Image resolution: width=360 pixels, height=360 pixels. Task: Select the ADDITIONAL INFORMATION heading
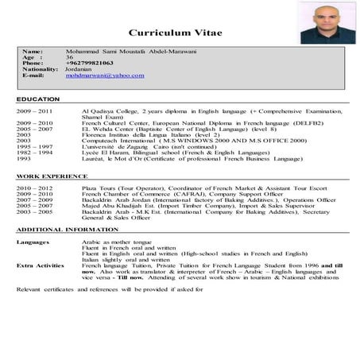point(67,229)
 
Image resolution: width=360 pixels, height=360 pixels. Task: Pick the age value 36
point(70,56)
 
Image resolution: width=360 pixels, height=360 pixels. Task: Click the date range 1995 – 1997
point(33,147)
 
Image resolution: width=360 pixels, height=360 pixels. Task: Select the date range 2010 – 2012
point(33,185)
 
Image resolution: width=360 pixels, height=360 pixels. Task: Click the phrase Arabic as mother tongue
point(113,240)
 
